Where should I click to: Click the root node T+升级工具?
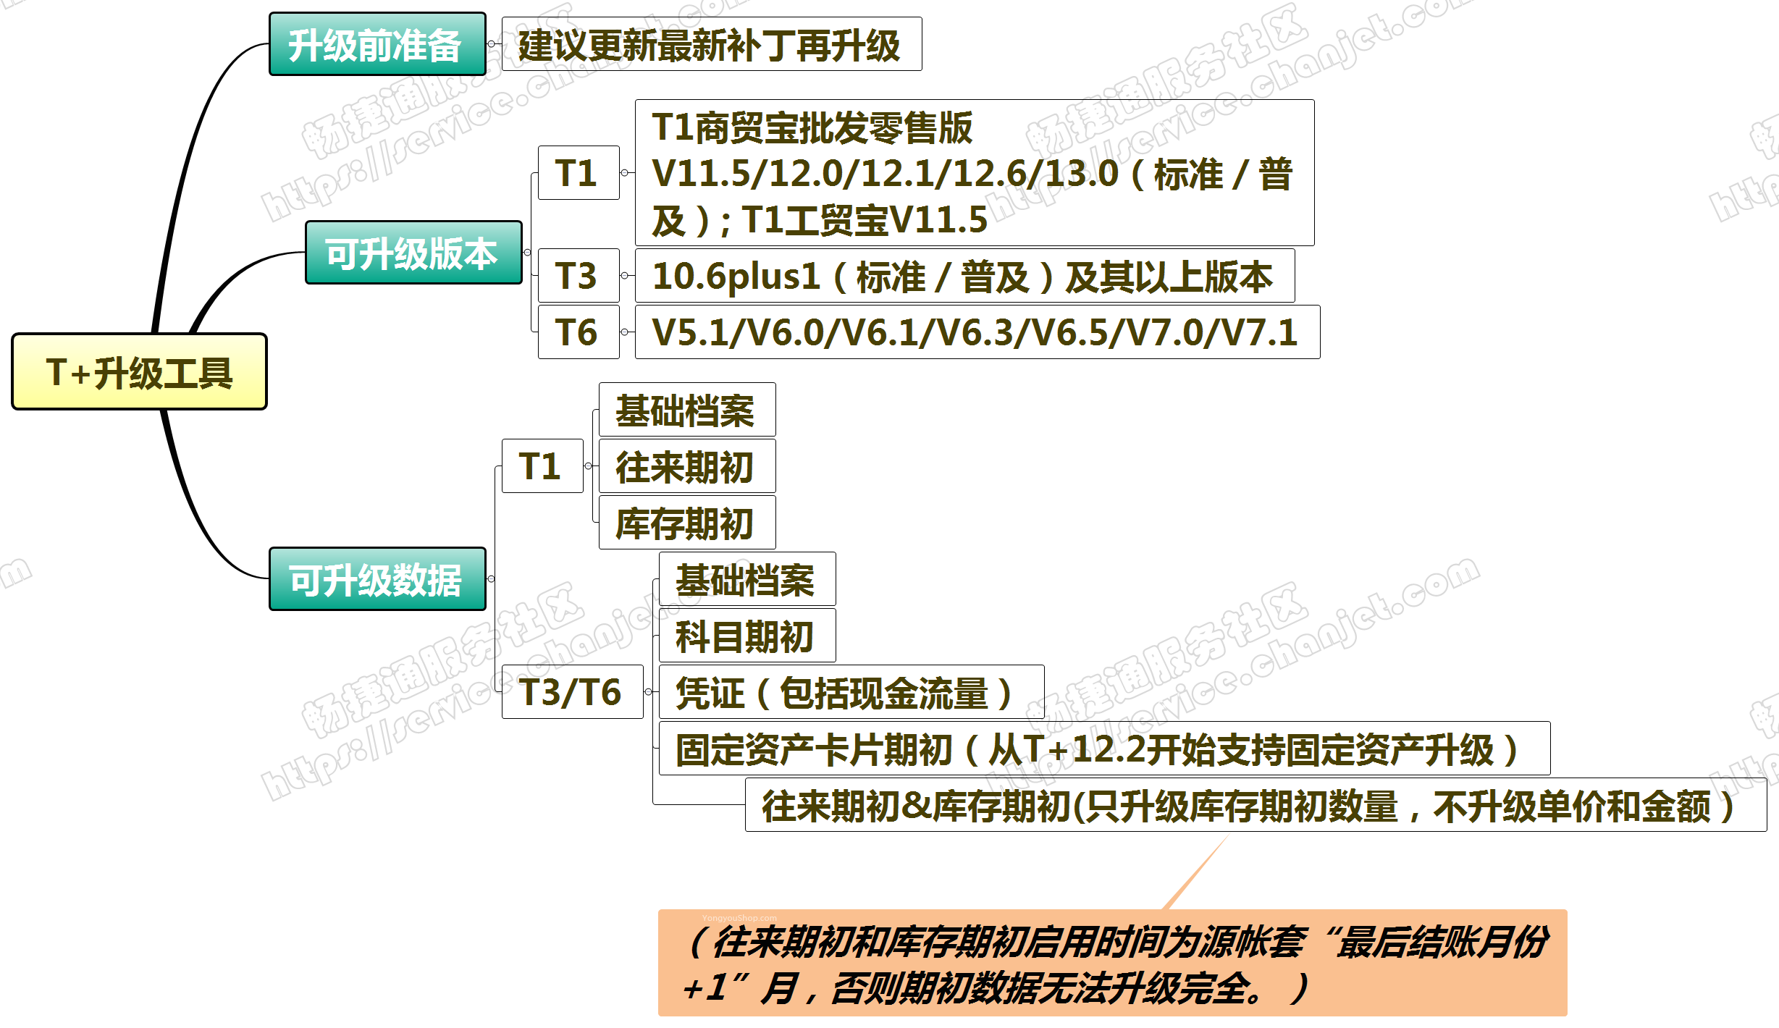click(x=139, y=371)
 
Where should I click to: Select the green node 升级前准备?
click(x=377, y=44)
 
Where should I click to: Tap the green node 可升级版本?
click(x=413, y=253)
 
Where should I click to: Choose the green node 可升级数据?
click(x=377, y=579)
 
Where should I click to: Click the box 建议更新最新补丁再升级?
click(x=712, y=44)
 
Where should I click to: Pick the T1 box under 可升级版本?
click(x=579, y=173)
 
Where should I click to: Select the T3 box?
click(x=579, y=276)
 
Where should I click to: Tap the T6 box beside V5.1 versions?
click(x=579, y=332)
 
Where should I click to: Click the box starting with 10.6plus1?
click(x=964, y=276)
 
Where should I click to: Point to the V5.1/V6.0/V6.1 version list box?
click(x=977, y=332)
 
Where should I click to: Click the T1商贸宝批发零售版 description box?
click(x=975, y=173)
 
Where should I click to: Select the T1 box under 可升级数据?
click(x=542, y=466)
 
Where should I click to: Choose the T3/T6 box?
click(x=572, y=692)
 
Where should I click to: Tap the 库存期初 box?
click(x=687, y=523)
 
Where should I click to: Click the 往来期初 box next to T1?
click(x=687, y=466)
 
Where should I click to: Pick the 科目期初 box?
click(x=747, y=636)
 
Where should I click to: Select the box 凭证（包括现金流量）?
click(x=851, y=692)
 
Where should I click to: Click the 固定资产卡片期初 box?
click(x=1104, y=749)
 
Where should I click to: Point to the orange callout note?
click(x=1112, y=963)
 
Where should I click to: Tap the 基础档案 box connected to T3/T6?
click(x=747, y=579)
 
